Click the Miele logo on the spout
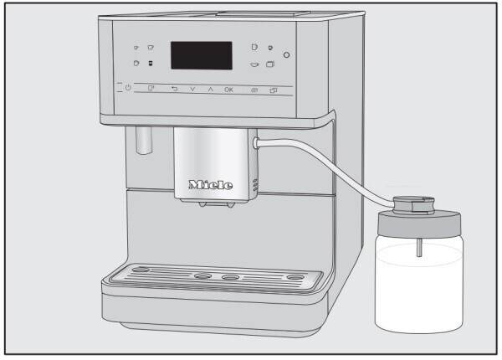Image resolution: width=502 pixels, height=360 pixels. pos(211,184)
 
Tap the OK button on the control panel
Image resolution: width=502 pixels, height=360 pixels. pos(228,88)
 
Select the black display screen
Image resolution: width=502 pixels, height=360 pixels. pos(202,56)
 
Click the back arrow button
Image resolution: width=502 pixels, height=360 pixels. pos(175,88)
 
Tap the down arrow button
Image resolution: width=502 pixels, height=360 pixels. pos(192,88)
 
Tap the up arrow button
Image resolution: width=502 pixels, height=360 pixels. pos(209,88)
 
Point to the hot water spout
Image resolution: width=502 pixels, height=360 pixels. pos(140,141)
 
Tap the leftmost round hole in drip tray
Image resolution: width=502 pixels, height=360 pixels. pos(143,271)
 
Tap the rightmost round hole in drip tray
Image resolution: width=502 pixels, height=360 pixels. pos(295,276)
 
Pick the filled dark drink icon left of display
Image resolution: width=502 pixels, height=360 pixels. pos(151,64)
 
